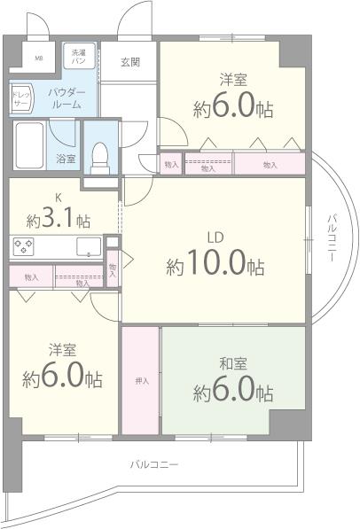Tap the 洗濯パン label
79,58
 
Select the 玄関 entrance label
129,62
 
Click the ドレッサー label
21,98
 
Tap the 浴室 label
66,159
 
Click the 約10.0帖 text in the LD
215,265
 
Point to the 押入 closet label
141,381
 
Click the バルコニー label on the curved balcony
331,237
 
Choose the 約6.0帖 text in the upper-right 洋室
232,108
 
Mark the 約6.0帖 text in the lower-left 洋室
61,377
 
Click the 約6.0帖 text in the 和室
232,389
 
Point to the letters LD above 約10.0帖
215,237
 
